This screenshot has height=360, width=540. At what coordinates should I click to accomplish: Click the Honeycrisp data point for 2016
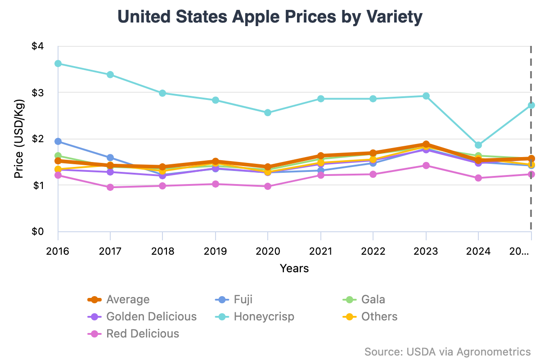tap(58, 63)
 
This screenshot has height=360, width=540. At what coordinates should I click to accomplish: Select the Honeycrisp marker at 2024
tap(478, 145)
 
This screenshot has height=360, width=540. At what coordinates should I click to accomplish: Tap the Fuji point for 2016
tap(58, 141)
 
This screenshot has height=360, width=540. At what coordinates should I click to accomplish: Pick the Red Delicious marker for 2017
tap(110, 187)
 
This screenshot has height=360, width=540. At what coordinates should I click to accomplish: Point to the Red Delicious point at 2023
tap(426, 166)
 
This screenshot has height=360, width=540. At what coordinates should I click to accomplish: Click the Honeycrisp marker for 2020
tap(268, 112)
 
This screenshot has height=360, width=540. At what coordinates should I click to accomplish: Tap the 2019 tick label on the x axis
tap(215, 251)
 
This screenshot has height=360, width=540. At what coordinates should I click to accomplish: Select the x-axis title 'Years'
tap(294, 269)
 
